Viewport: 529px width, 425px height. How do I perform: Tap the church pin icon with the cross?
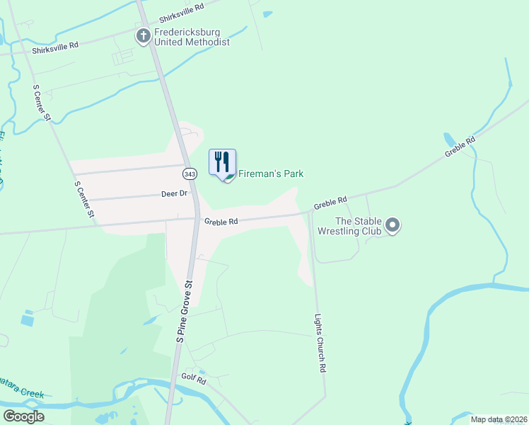pos(143,35)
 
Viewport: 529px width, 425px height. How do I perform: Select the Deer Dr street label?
pos(173,193)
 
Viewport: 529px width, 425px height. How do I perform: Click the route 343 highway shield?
pos(189,174)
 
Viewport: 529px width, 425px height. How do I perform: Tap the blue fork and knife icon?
pos(223,162)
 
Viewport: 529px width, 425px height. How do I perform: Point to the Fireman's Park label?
pos(270,174)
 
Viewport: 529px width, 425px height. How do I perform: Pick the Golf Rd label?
pos(192,380)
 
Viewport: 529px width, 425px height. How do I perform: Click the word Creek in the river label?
pos(32,394)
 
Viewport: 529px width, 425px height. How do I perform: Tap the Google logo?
pos(24,416)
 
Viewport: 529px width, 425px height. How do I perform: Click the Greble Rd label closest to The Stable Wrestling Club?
pos(330,203)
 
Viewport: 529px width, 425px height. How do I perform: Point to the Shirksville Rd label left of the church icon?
pos(54,44)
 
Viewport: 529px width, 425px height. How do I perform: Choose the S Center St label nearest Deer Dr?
pos(83,198)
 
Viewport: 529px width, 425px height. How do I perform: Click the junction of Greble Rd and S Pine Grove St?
pos(197,219)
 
